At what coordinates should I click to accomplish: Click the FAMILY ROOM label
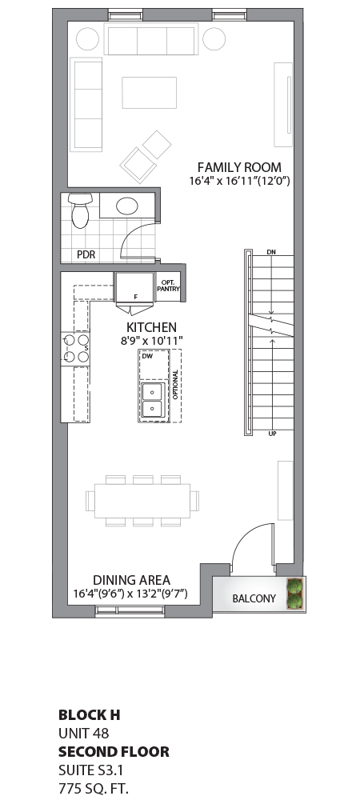tap(239, 167)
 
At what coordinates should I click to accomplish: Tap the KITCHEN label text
tap(151, 327)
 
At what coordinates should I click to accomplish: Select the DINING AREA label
tap(131, 580)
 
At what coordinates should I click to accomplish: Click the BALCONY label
tap(254, 599)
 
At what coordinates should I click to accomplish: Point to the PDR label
tap(86, 254)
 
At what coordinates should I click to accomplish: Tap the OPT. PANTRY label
tap(169, 286)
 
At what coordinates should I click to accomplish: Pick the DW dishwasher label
tap(147, 356)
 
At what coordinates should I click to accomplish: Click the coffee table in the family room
tap(149, 92)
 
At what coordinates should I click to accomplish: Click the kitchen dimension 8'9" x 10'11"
tap(151, 341)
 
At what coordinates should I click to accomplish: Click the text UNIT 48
tap(83, 732)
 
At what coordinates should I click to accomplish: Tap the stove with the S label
tap(75, 349)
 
